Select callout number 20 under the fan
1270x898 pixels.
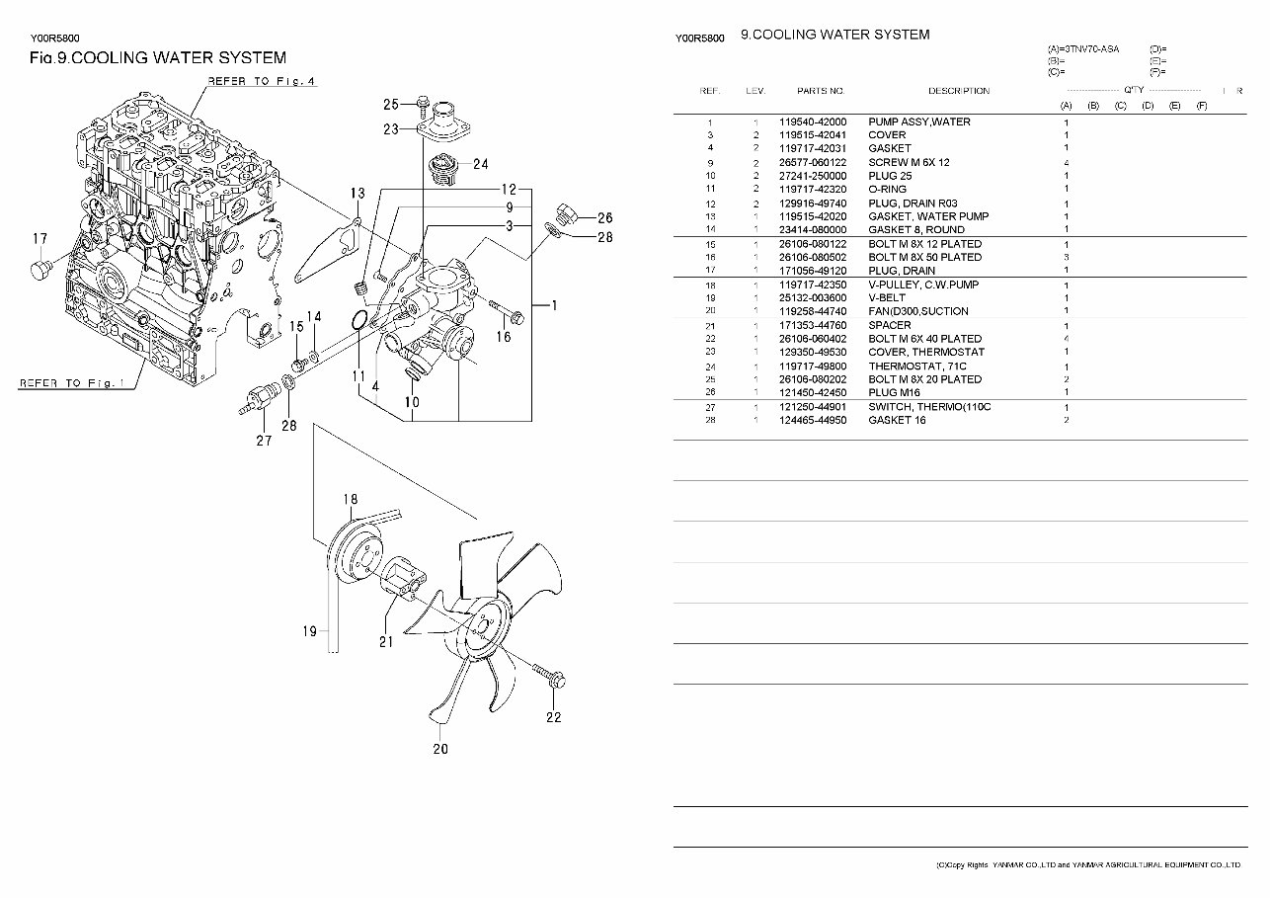pyautogui.click(x=440, y=748)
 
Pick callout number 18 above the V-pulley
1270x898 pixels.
pyautogui.click(x=350, y=499)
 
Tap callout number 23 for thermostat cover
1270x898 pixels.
pyautogui.click(x=391, y=129)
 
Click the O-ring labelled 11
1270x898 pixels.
pyautogui.click(x=361, y=319)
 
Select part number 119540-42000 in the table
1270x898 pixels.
pyautogui.click(x=813, y=122)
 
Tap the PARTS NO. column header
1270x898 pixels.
pyautogui.click(x=821, y=91)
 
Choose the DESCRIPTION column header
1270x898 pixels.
pyautogui.click(x=958, y=91)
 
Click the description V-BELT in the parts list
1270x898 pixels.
pyautogui.click(x=889, y=297)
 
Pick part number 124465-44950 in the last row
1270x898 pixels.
pyautogui.click(x=813, y=420)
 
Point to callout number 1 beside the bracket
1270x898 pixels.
pyautogui.click(x=554, y=306)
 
